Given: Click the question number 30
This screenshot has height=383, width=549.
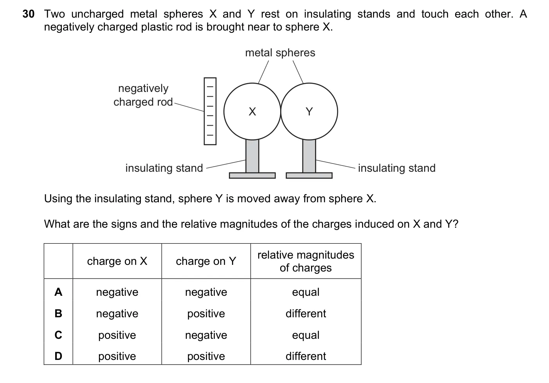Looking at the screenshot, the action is coord(29,14).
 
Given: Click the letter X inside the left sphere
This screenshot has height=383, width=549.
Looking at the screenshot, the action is coord(252,111).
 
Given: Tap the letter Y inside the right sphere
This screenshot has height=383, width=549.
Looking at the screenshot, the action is coord(309,111).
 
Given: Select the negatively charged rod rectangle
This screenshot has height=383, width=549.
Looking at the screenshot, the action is coord(210,111).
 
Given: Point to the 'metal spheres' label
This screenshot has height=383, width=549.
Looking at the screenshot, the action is coord(280,53).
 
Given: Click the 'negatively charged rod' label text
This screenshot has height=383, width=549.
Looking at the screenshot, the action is coord(143,95).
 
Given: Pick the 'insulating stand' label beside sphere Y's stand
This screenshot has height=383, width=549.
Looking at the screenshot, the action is coord(397,168).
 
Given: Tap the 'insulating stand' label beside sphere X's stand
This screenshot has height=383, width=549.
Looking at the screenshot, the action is coord(164,168).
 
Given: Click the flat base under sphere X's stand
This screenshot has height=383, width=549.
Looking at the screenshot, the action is coord(252,175).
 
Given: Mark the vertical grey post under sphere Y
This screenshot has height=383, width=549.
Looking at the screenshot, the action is coord(309,156).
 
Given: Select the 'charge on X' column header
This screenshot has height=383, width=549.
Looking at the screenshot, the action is coord(117,261).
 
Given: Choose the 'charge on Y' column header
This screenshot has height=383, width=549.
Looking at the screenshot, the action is coord(206,261).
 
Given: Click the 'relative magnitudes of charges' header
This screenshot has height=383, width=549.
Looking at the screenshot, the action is coord(306,261).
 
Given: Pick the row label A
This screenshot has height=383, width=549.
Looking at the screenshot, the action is coord(58,292).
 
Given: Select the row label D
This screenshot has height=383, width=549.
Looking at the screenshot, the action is coord(58,356).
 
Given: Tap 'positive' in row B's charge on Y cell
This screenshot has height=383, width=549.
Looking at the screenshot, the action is coord(206,314).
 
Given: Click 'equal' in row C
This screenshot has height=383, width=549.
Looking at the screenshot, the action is coord(306,335).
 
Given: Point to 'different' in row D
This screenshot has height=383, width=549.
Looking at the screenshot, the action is coord(306,356).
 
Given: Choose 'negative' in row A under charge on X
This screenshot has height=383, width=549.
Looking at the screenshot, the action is coord(117,292).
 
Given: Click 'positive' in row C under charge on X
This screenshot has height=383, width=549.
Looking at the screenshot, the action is coord(117,335).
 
